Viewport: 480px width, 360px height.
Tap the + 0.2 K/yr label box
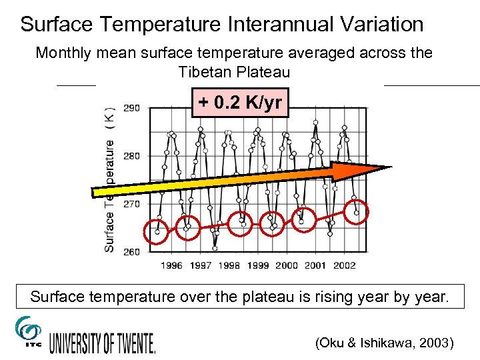click(x=240, y=103)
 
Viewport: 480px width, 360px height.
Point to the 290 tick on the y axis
click(x=131, y=108)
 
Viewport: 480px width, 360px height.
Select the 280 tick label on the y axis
click(x=131, y=156)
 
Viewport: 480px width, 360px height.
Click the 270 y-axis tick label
click(x=131, y=204)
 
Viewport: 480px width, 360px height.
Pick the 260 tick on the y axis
click(x=131, y=251)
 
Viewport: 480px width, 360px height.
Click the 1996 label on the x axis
click(x=171, y=265)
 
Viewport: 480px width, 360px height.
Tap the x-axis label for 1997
click(x=201, y=265)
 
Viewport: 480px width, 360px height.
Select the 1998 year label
click(x=229, y=265)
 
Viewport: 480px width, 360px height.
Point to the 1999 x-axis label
click(x=258, y=265)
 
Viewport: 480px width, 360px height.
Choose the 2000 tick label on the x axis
click(x=287, y=265)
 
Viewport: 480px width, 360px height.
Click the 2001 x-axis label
click(x=315, y=265)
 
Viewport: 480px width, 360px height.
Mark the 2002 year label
click(x=344, y=265)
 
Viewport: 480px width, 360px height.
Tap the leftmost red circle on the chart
click(x=156, y=232)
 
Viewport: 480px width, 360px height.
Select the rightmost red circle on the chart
click(x=357, y=212)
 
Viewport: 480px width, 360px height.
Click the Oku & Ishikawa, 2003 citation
click(x=385, y=343)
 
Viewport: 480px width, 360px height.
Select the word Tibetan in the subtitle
click(x=202, y=71)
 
